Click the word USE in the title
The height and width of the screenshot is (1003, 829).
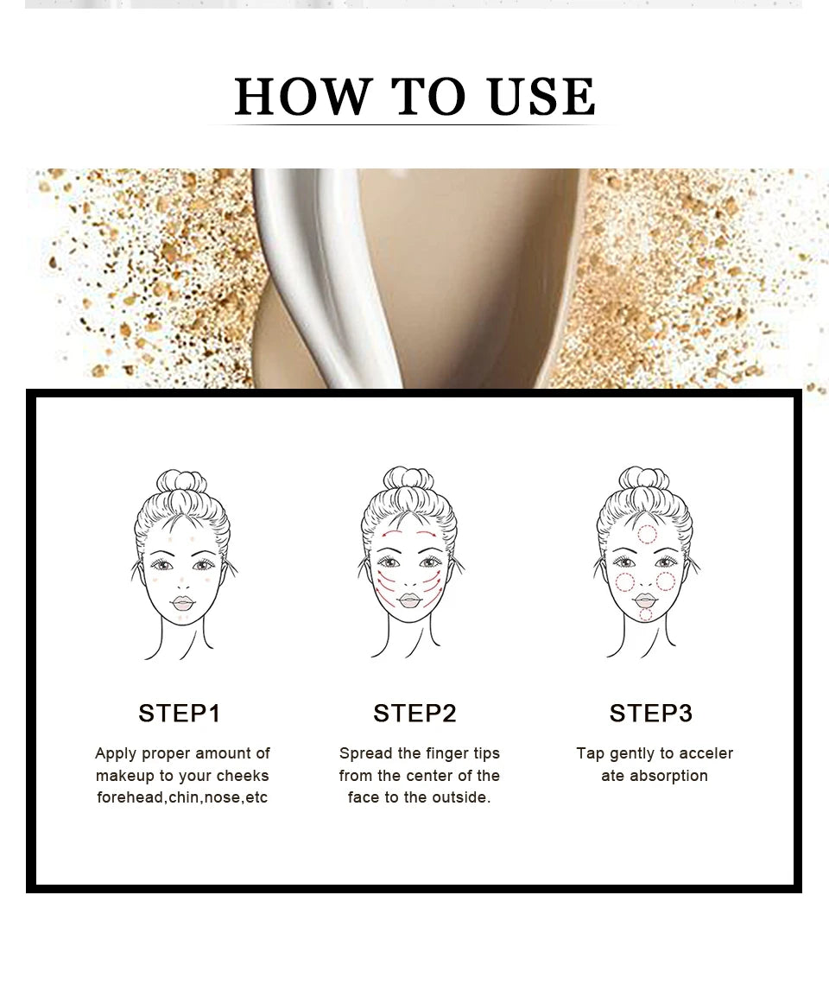pos(541,97)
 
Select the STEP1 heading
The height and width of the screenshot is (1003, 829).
pos(180,714)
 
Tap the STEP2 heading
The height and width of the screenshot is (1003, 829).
pos(414,714)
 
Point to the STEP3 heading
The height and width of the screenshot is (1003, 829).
pos(651,714)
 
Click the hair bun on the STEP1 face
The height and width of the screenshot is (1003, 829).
pos(181,482)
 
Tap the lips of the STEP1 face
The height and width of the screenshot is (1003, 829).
pos(182,602)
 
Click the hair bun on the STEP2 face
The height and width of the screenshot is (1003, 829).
pos(408,479)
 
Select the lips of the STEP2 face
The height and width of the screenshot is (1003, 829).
pos(409,600)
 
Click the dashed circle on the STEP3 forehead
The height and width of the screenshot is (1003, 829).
pos(647,535)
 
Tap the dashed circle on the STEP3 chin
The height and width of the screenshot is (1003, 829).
pos(646,615)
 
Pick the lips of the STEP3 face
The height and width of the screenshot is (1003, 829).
pos(646,599)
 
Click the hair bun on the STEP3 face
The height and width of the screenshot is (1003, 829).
pos(644,479)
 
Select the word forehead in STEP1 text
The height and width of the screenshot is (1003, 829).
pos(130,797)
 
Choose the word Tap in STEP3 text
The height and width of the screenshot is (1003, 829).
pos(590,753)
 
